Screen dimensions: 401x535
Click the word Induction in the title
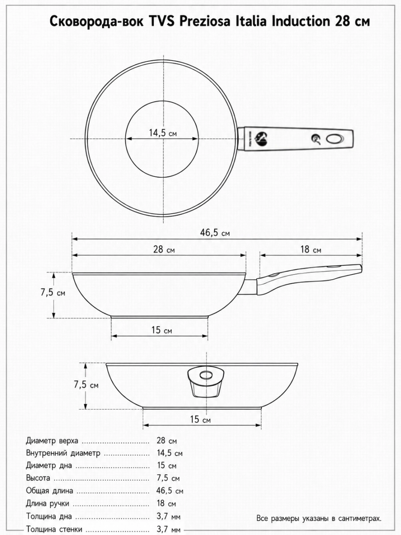tap(301, 21)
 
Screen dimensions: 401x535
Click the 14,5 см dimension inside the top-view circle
tap(163, 133)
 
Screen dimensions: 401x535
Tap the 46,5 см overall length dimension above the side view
tap(215, 233)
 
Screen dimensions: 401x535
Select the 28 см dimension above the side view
tap(164, 249)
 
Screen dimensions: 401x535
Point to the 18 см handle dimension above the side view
tap(311, 249)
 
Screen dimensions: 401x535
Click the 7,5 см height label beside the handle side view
tap(53, 292)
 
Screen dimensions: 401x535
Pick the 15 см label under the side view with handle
tap(162, 330)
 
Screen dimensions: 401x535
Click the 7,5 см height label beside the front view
tap(86, 385)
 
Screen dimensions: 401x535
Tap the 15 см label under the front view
tap(200, 419)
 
